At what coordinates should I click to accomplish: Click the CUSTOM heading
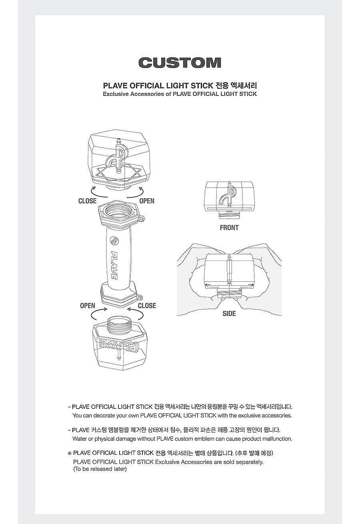[180, 63]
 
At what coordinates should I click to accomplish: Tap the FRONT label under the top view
[229, 227]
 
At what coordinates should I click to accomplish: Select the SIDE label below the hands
[229, 314]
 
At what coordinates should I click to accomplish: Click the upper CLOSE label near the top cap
[87, 201]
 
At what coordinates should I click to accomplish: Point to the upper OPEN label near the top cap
[147, 201]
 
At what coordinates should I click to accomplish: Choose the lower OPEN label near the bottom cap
[88, 306]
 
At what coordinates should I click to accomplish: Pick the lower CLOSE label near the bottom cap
[147, 306]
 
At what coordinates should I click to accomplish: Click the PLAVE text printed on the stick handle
[114, 265]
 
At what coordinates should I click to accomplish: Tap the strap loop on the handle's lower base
[139, 297]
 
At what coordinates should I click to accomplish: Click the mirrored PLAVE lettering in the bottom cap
[119, 345]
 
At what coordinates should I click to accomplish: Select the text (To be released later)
[100, 469]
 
